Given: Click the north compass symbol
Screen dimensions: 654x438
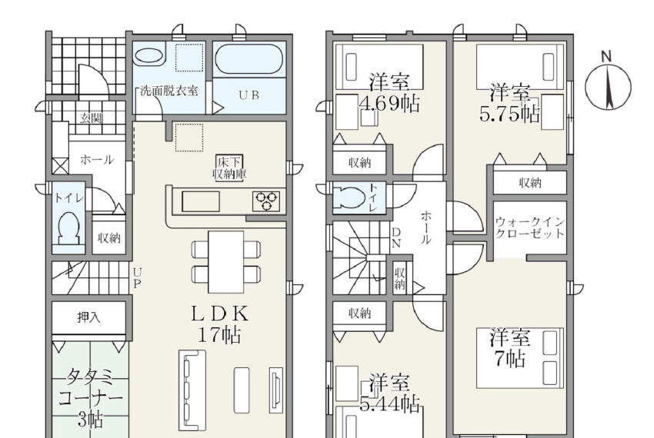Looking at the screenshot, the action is click(x=608, y=86).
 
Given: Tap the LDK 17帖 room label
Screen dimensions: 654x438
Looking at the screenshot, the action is click(x=219, y=324).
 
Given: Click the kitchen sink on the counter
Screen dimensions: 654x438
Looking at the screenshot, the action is click(x=201, y=201).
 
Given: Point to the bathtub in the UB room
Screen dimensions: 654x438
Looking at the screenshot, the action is click(x=249, y=59).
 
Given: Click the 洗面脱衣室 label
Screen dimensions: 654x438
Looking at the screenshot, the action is click(x=169, y=91).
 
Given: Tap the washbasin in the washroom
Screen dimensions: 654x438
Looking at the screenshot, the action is click(x=149, y=55).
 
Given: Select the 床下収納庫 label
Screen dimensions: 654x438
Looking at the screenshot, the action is click(x=229, y=168).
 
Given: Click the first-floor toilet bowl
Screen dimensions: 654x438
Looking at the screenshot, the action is click(x=68, y=227).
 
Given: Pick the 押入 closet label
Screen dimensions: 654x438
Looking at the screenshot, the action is click(x=88, y=317).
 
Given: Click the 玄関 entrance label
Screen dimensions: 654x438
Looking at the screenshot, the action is click(x=91, y=118).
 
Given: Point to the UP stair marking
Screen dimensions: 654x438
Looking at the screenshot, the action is click(x=137, y=278).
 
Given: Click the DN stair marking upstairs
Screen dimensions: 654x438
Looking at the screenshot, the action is click(x=396, y=237).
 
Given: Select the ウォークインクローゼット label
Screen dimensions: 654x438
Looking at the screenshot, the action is click(x=530, y=227).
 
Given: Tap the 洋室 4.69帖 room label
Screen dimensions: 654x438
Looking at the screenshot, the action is click(x=389, y=94).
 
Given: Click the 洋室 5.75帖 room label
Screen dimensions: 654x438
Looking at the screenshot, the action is click(x=509, y=104).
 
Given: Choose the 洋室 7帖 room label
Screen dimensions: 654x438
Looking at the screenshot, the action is click(x=509, y=348).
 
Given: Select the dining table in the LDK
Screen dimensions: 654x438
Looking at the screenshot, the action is click(x=226, y=262).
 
